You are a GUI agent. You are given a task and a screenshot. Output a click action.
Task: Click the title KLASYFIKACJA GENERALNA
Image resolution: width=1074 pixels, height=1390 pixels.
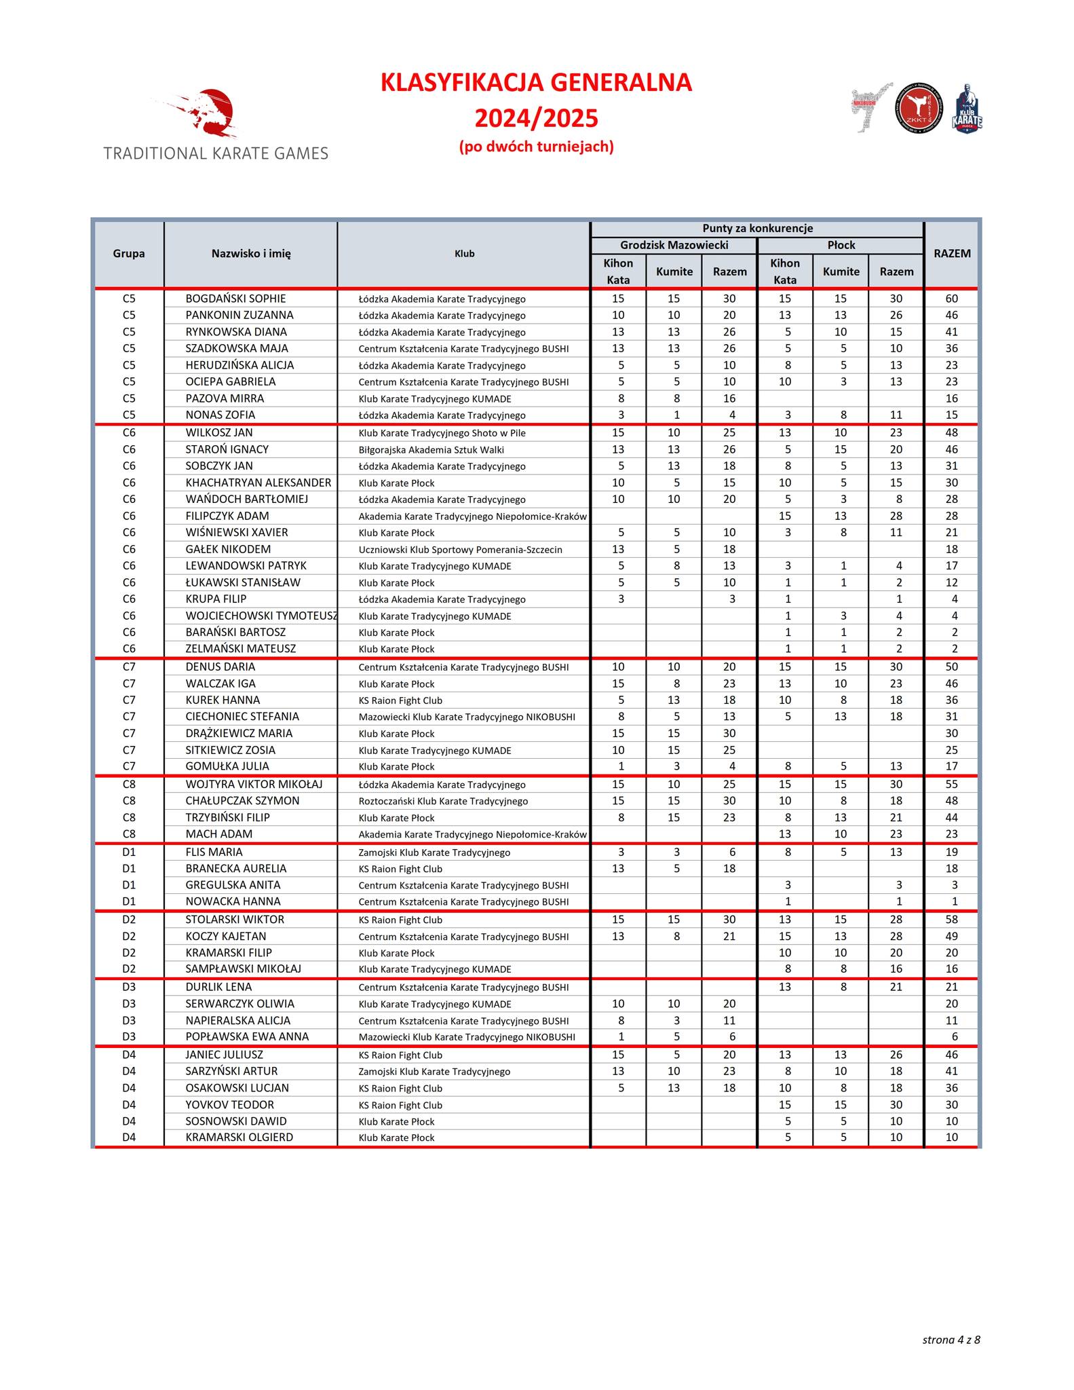536,83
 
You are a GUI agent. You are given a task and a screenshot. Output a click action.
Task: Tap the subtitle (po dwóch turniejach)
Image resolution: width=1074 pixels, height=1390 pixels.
536,147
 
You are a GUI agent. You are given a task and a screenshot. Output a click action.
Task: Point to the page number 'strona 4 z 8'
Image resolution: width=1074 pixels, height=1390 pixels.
951,1340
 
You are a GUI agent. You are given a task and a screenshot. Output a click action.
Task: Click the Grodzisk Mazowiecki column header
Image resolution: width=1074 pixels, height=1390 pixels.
674,245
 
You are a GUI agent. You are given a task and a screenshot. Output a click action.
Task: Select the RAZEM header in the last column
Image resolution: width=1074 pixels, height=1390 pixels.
952,254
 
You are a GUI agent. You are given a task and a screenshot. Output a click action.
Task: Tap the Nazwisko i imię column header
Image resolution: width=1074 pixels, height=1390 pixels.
251,254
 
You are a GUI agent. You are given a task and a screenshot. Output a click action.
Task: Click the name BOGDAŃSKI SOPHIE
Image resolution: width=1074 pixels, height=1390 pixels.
235,299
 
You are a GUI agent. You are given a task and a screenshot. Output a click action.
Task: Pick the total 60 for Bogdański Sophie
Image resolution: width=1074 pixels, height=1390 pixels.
952,299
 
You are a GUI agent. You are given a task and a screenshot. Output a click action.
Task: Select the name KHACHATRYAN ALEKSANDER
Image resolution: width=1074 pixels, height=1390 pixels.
258,483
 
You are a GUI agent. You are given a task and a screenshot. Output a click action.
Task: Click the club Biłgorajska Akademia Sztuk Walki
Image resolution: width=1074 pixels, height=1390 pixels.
431,450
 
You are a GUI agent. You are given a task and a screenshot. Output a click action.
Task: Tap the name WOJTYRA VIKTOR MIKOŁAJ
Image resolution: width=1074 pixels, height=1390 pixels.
254,785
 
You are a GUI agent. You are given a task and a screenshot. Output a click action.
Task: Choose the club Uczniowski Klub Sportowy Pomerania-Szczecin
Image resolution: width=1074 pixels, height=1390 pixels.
460,550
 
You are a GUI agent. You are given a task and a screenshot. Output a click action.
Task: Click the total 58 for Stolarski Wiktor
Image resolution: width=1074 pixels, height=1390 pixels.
952,920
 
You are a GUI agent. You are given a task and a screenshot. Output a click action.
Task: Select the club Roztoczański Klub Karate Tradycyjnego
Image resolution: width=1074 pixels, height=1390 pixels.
443,802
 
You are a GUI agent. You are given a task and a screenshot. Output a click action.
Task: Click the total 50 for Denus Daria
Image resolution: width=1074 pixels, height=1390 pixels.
952,667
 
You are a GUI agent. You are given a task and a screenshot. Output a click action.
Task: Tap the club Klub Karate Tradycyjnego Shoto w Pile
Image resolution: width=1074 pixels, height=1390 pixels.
442,433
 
